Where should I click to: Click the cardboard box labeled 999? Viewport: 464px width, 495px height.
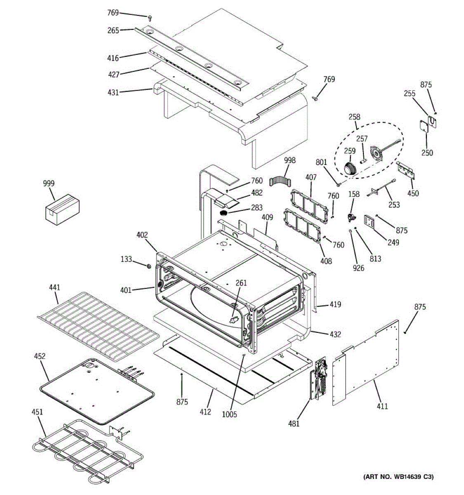point(62,210)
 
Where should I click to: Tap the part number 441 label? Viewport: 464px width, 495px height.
point(54,288)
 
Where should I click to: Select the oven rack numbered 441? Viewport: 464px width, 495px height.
point(97,320)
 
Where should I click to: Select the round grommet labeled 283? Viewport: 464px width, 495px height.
point(224,213)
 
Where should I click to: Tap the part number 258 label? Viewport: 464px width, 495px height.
point(354,117)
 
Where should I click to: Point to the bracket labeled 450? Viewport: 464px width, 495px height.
point(405,170)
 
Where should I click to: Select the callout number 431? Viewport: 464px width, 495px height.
point(113,92)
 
